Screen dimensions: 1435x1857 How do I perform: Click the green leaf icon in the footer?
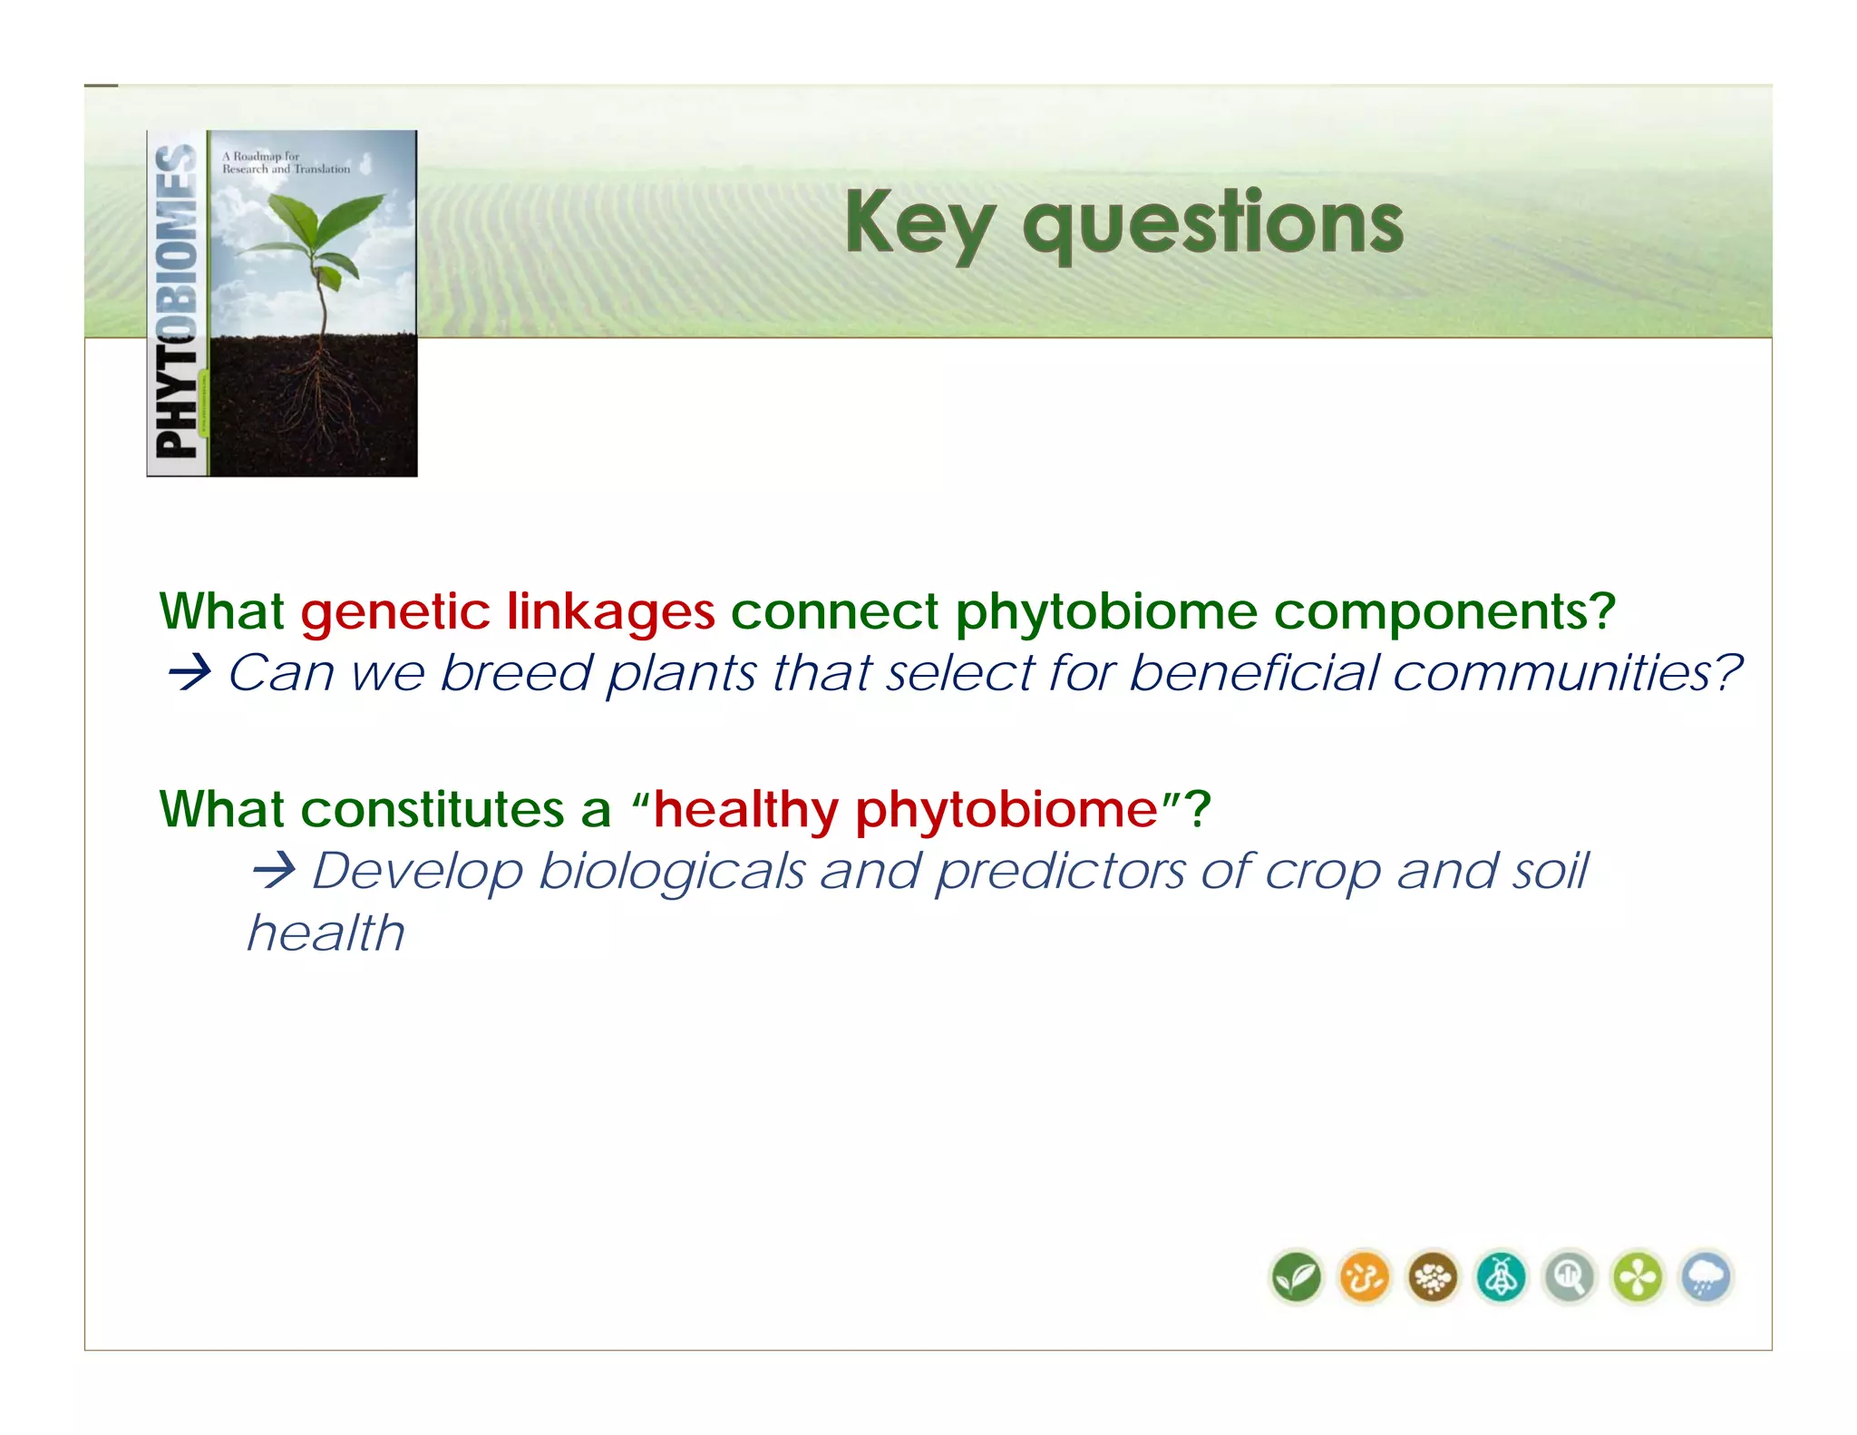click(1296, 1277)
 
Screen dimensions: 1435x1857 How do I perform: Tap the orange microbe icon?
click(1365, 1277)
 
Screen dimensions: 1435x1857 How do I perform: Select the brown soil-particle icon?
click(1433, 1277)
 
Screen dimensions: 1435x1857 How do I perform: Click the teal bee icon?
click(1502, 1277)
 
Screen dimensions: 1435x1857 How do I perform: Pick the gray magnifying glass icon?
click(1570, 1277)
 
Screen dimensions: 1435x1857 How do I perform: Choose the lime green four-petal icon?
click(1638, 1277)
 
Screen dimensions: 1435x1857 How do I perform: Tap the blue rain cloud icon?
click(1706, 1277)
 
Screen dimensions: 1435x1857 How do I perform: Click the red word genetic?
click(395, 611)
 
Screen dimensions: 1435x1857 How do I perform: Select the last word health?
click(326, 932)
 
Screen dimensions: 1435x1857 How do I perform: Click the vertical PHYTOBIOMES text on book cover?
click(177, 303)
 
